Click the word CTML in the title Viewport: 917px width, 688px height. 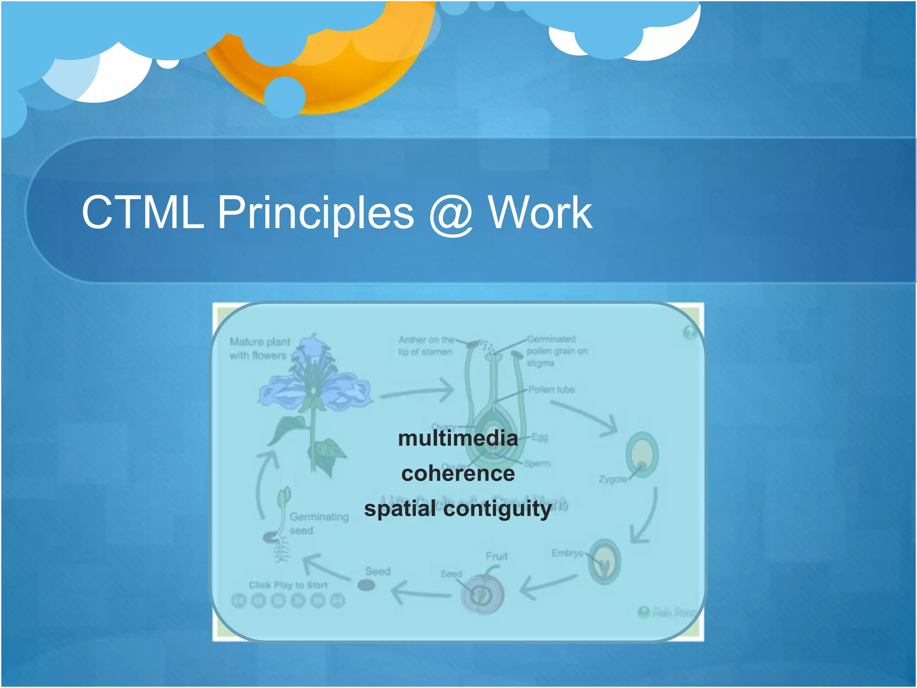pos(142,213)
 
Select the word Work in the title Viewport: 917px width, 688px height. pos(540,213)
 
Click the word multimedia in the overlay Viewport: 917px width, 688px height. pos(458,438)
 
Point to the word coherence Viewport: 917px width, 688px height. pos(458,473)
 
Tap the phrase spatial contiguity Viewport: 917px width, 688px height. pos(458,509)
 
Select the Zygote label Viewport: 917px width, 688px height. pos(613,479)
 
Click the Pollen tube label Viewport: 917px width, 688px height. pos(551,390)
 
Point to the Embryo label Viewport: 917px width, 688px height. pos(567,553)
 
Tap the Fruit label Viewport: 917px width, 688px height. pos(497,556)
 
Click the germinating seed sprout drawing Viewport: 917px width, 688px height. pos(280,524)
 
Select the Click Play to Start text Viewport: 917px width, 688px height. pos(288,585)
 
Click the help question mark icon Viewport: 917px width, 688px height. pos(690,333)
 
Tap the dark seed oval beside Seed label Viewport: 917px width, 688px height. pos(366,585)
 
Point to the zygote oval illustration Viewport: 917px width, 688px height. pos(642,455)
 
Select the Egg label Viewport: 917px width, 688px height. pos(540,437)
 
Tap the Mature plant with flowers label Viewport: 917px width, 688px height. pos(260,348)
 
